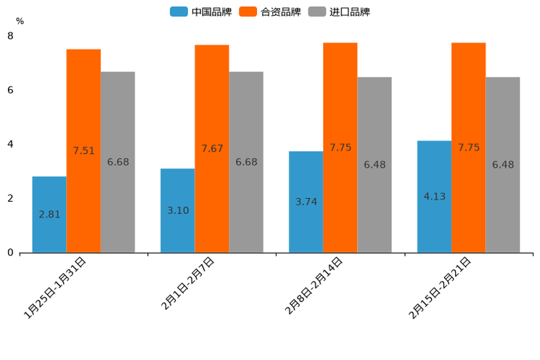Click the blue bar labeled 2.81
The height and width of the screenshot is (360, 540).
click(x=49, y=215)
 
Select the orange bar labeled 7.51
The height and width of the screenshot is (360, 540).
click(x=83, y=151)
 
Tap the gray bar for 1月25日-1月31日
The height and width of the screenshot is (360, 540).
click(x=118, y=162)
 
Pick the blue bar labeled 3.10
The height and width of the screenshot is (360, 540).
click(x=178, y=210)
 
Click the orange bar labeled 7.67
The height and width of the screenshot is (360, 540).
click(x=212, y=149)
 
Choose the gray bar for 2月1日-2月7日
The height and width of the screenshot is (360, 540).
click(x=246, y=162)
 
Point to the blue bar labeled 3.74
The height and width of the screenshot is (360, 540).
click(x=306, y=202)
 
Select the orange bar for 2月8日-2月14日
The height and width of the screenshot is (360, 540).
click(x=340, y=147)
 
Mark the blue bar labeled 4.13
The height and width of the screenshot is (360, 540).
click(x=434, y=197)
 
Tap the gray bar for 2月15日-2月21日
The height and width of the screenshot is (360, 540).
click(x=503, y=165)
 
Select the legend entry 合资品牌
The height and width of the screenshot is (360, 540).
click(x=271, y=12)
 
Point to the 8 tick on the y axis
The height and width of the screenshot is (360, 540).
click(x=10, y=36)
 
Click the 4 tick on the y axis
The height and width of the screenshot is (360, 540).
click(x=10, y=144)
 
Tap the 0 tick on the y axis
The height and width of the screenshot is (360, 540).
click(x=10, y=253)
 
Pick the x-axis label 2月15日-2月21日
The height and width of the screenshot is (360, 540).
click(x=440, y=288)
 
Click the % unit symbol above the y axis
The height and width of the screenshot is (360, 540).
click(x=20, y=21)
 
